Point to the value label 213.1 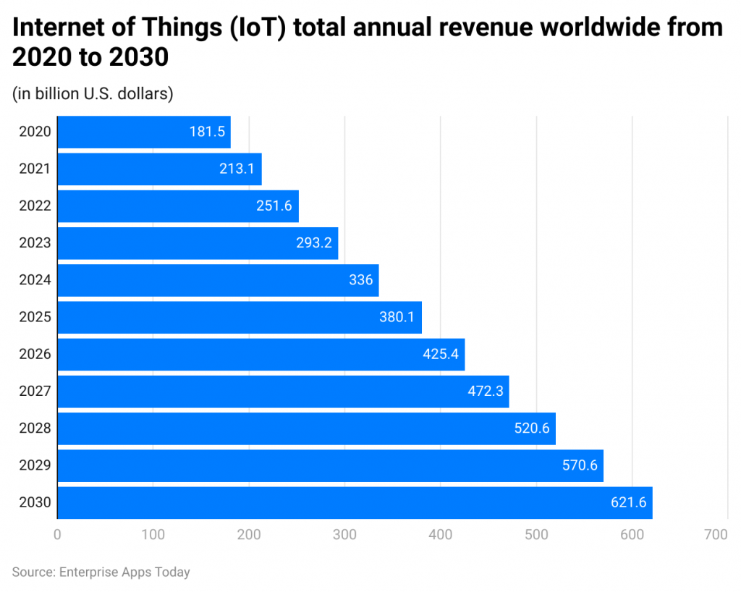(x=237, y=169)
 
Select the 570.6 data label (x=580, y=465)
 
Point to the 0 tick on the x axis (x=57, y=535)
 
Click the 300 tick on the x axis (x=344, y=535)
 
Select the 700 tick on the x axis (x=716, y=535)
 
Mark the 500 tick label (x=536, y=535)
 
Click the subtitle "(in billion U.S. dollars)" (x=93, y=93)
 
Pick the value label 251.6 (x=274, y=206)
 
